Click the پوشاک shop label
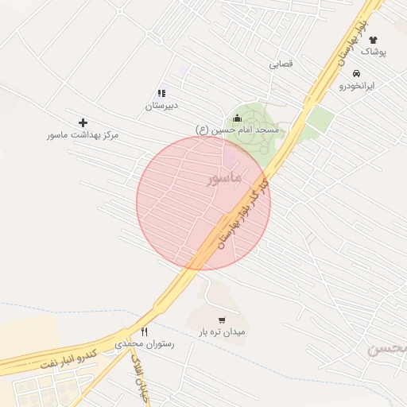click(373, 51)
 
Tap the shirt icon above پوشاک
click(373, 39)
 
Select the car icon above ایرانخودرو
click(355, 73)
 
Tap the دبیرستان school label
click(162, 105)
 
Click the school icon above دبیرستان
click(162, 93)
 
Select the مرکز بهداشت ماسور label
click(83, 135)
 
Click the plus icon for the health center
click(83, 122)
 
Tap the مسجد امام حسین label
click(237, 130)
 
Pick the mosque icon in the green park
click(237, 118)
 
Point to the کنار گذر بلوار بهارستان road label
click(244, 213)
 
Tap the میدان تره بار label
click(223, 331)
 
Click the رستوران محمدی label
click(144, 344)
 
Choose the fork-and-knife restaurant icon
click(144, 331)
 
